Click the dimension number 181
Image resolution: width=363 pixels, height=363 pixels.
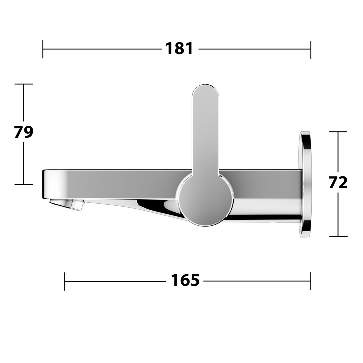(x=179, y=49)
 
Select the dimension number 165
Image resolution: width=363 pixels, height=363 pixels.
(x=185, y=280)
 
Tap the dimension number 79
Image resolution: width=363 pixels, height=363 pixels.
(x=24, y=132)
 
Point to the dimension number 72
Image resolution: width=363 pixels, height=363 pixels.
(x=338, y=183)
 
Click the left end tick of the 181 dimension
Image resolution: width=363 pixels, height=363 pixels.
(x=43, y=49)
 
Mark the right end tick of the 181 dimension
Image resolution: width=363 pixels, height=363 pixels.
(x=311, y=49)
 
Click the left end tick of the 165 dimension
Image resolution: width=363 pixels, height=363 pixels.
(x=64, y=281)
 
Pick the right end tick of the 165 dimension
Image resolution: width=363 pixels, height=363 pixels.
(x=311, y=281)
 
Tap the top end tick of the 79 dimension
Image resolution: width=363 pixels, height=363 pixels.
(x=24, y=84)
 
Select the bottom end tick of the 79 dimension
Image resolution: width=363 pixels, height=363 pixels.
(x=24, y=185)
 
